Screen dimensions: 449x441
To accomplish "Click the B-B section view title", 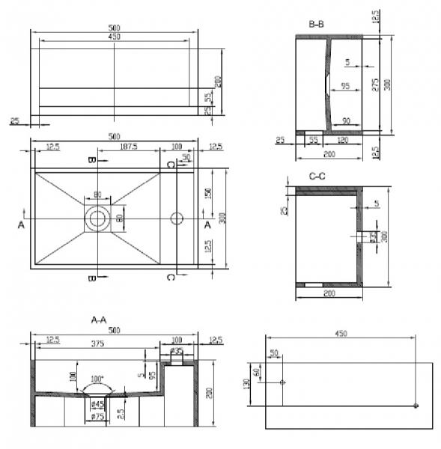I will (x=317, y=25).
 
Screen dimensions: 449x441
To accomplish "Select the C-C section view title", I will (x=317, y=177).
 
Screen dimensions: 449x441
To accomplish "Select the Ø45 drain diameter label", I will (x=97, y=405).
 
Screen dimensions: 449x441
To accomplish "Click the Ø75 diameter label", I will (x=97, y=418).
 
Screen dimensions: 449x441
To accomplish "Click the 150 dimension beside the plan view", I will (x=208, y=193).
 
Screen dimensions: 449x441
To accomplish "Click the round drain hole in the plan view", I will (x=96, y=219).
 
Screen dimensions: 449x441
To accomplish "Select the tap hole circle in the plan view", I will (x=177, y=219).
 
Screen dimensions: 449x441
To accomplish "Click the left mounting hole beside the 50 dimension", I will (x=282, y=382).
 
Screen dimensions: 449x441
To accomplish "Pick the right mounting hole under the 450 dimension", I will (x=416, y=406).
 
